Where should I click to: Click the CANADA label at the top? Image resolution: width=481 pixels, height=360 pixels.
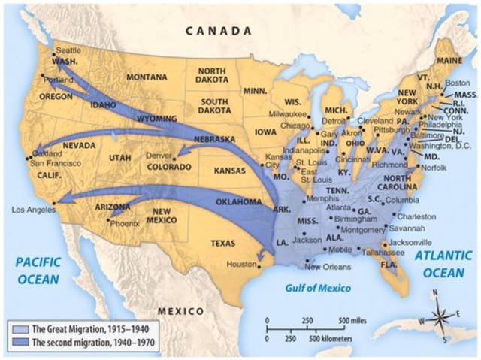[218, 32]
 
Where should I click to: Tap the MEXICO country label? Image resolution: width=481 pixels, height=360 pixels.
[180, 310]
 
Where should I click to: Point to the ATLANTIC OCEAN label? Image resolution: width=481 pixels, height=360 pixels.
[443, 264]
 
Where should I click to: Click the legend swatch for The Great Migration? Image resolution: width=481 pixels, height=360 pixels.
[17, 328]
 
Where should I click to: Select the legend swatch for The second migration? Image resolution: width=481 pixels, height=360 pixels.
[17, 342]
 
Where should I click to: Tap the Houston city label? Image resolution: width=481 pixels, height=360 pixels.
[242, 264]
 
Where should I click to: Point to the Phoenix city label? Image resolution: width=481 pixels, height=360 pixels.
[126, 223]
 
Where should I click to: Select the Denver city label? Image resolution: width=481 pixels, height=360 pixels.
[159, 156]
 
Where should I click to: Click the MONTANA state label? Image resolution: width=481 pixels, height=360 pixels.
[147, 77]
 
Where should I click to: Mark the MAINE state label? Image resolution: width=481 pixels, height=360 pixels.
[449, 59]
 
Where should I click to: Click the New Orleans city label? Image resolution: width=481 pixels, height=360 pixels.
[328, 267]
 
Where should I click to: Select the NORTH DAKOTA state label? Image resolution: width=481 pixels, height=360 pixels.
[211, 75]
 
